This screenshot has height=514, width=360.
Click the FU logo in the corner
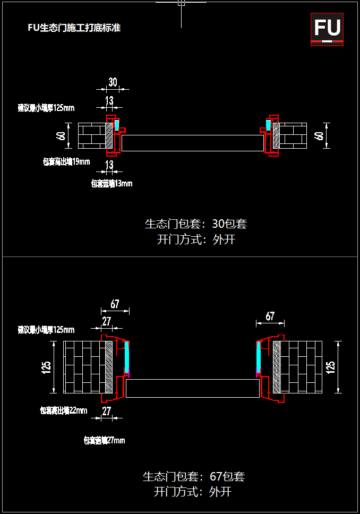pyautogui.click(x=327, y=29)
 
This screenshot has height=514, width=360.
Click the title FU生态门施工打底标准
pyautogui.click(x=74, y=28)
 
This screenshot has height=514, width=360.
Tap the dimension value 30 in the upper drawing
pyautogui.click(x=113, y=82)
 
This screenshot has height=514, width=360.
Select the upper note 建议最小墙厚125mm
pyautogui.click(x=46, y=108)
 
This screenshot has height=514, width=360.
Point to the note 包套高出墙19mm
pyautogui.click(x=66, y=161)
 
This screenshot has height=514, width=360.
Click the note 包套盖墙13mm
pyautogui.click(x=112, y=184)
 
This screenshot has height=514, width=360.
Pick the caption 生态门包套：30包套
pyautogui.click(x=195, y=224)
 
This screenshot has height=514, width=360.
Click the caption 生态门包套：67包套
pyautogui.click(x=193, y=476)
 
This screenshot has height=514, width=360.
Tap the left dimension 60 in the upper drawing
pyautogui.click(x=61, y=136)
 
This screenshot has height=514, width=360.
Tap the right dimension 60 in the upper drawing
pyautogui.click(x=319, y=136)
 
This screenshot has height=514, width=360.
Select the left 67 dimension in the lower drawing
pyautogui.click(x=115, y=304)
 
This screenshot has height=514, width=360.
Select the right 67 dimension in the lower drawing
pyautogui.click(x=270, y=316)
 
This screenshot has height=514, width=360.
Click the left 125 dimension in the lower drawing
pyautogui.click(x=46, y=367)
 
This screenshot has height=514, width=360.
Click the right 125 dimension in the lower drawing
pyautogui.click(x=331, y=367)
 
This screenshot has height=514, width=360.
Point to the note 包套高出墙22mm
pyautogui.click(x=64, y=410)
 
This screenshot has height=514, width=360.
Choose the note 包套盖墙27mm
pyautogui.click(x=104, y=440)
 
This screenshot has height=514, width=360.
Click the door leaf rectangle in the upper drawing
pyautogui.click(x=192, y=143)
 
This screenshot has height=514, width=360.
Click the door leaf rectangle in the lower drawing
pyautogui.click(x=192, y=388)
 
